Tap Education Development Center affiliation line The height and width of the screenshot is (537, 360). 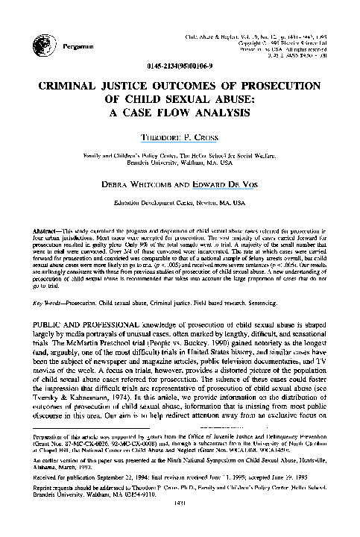(162, 201)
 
